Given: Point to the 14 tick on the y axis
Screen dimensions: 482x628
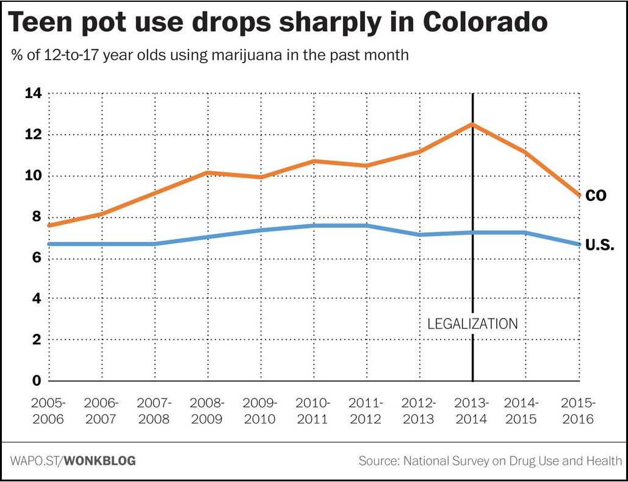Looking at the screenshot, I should (32, 93).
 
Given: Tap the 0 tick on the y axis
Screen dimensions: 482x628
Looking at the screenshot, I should (36, 381).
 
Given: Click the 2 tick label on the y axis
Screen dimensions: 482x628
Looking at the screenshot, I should (36, 339).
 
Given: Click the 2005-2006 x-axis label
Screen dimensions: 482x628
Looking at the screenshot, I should (48, 411).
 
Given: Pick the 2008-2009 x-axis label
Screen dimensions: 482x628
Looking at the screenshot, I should (208, 411).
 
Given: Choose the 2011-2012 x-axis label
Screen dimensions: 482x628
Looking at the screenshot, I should (366, 411).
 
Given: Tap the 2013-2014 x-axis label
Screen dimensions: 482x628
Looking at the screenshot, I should (472, 411).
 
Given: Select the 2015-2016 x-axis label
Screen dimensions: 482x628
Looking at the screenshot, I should (578, 411).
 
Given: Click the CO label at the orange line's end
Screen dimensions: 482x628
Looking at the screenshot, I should (595, 196).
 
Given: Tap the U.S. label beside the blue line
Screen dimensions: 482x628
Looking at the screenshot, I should (599, 246).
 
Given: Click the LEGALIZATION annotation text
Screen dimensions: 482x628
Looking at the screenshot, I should (472, 324).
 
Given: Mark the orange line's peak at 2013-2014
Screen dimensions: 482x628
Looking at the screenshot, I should (472, 124).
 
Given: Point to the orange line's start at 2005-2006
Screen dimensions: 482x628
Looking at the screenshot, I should (49, 225).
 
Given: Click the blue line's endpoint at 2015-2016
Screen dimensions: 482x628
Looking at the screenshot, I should (578, 244).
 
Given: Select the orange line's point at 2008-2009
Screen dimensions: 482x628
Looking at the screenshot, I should (208, 172).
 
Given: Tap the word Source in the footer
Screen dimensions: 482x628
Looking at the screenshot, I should (378, 461).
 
